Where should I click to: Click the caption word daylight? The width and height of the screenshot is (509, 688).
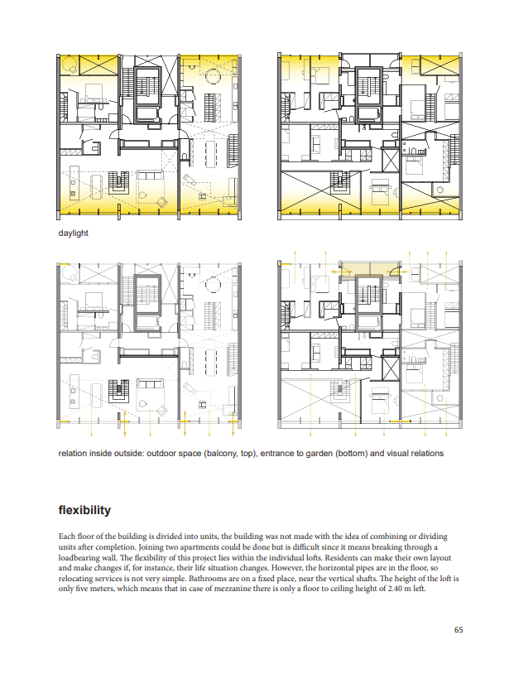(x=74, y=233)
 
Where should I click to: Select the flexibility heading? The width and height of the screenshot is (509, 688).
(x=84, y=510)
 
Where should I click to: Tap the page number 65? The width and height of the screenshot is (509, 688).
(x=459, y=630)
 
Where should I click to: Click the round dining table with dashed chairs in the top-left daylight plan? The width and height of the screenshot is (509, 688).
(x=214, y=75)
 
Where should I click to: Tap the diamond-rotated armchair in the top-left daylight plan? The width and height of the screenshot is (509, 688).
(x=162, y=202)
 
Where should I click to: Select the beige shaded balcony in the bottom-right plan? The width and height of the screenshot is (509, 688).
(x=369, y=269)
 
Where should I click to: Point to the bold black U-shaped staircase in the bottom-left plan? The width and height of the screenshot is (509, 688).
(x=118, y=391)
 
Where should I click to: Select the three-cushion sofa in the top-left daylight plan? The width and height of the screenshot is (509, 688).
(x=150, y=175)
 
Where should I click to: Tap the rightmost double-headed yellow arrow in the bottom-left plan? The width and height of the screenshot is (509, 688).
(x=233, y=423)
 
